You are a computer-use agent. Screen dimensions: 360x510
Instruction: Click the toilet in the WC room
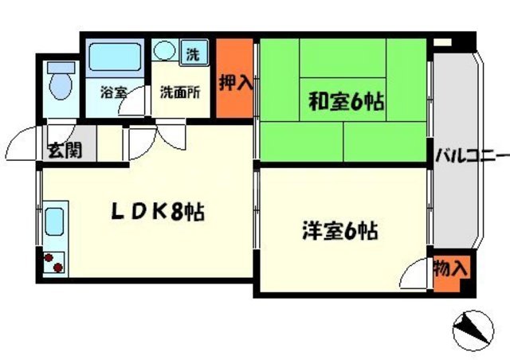click(x=59, y=82)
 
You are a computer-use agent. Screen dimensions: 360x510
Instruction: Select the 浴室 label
click(x=113, y=92)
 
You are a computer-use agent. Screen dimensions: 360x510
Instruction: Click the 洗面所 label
click(x=179, y=92)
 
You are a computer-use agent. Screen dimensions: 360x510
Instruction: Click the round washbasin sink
click(x=164, y=52)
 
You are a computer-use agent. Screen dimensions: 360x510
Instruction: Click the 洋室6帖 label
click(x=339, y=232)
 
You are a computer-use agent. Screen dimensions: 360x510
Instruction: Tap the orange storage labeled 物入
click(x=450, y=268)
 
